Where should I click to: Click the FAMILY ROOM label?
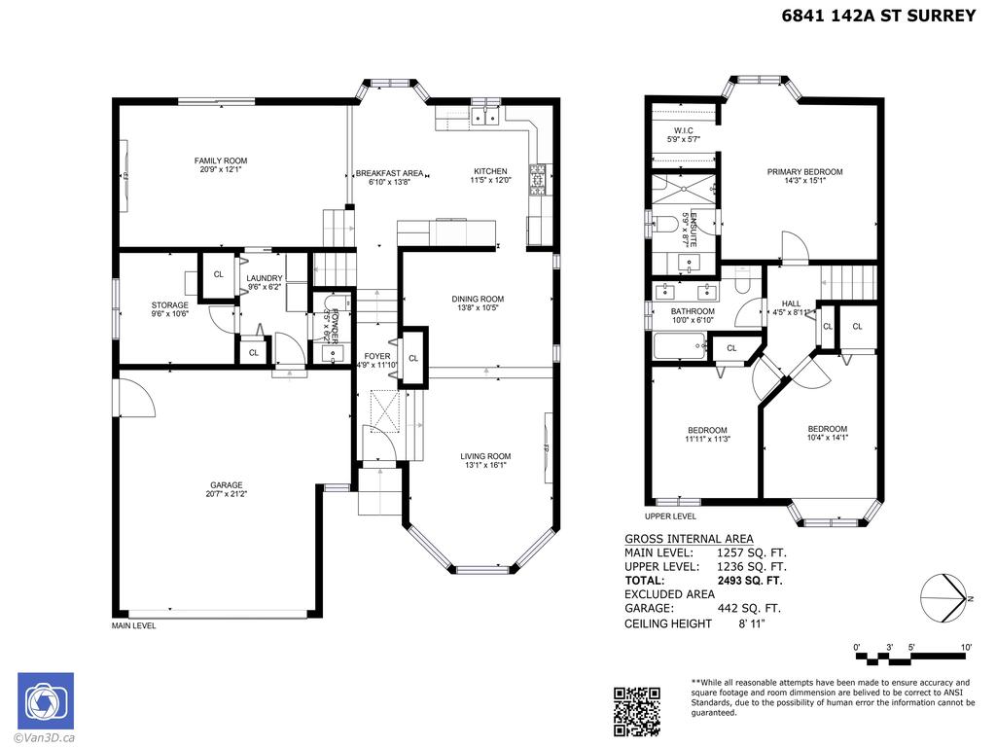point(221,161)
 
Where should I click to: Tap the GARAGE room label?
point(225,485)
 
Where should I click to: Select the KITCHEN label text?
point(490,172)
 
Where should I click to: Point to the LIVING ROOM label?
point(485,456)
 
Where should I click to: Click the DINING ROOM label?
point(477,299)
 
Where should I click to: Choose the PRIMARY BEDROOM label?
point(804,172)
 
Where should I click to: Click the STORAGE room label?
point(170,305)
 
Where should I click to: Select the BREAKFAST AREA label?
point(389,173)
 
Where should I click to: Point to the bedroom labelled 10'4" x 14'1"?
point(827,429)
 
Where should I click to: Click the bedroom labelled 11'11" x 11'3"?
point(707,431)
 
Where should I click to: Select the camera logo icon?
point(45,700)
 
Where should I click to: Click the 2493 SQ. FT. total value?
point(749,581)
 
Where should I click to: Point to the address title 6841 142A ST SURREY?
point(878,17)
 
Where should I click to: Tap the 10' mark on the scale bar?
point(966,647)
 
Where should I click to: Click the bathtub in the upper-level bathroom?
point(679,345)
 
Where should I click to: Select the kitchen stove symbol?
point(538,180)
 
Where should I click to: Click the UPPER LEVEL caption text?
point(670,516)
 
